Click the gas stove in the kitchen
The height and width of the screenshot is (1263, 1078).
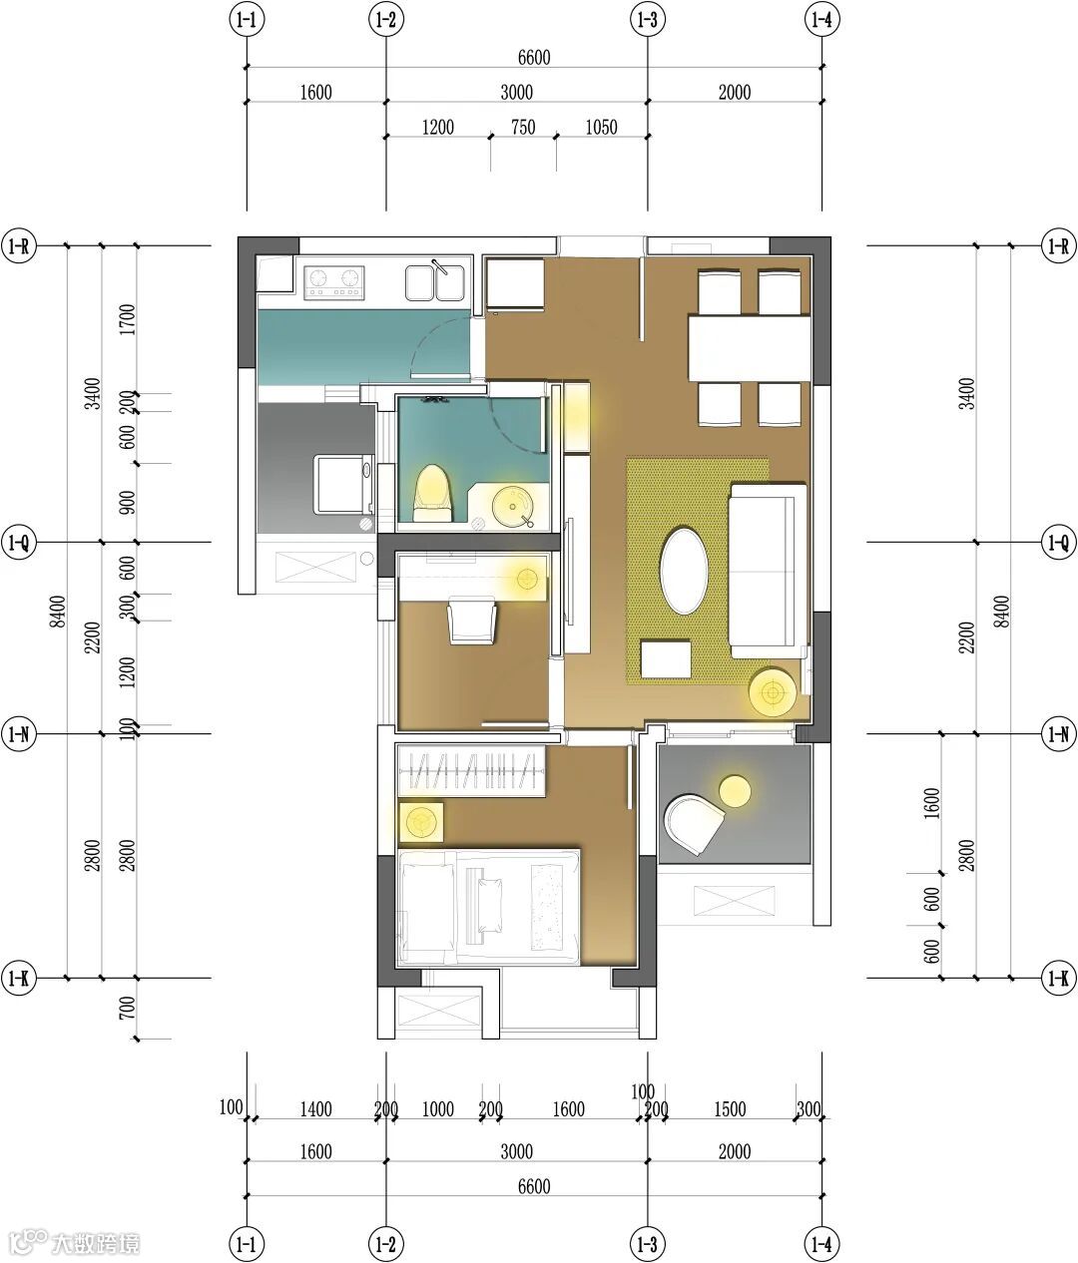[333, 283]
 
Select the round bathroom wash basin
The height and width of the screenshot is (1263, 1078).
[512, 506]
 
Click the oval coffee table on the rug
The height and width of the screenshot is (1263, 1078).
[684, 572]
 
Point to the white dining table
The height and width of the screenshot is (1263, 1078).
[749, 348]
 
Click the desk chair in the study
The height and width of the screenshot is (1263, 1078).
[471, 621]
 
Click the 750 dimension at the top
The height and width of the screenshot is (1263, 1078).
[523, 127]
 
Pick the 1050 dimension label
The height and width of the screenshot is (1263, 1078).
[601, 127]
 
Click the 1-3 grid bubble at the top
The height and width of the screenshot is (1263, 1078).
[648, 20]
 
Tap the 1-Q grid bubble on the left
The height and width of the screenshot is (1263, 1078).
[19, 542]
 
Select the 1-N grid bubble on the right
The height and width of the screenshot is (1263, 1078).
[1059, 733]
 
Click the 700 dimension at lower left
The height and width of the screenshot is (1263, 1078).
[127, 1008]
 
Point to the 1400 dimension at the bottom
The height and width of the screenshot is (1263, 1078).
[315, 1109]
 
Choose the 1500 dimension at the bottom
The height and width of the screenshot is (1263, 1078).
[730, 1109]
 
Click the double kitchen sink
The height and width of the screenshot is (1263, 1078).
[435, 283]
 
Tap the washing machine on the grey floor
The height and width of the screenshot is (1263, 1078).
[343, 484]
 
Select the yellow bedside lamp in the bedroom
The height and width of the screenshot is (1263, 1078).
[420, 821]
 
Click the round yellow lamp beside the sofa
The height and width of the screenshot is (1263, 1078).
[773, 691]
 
